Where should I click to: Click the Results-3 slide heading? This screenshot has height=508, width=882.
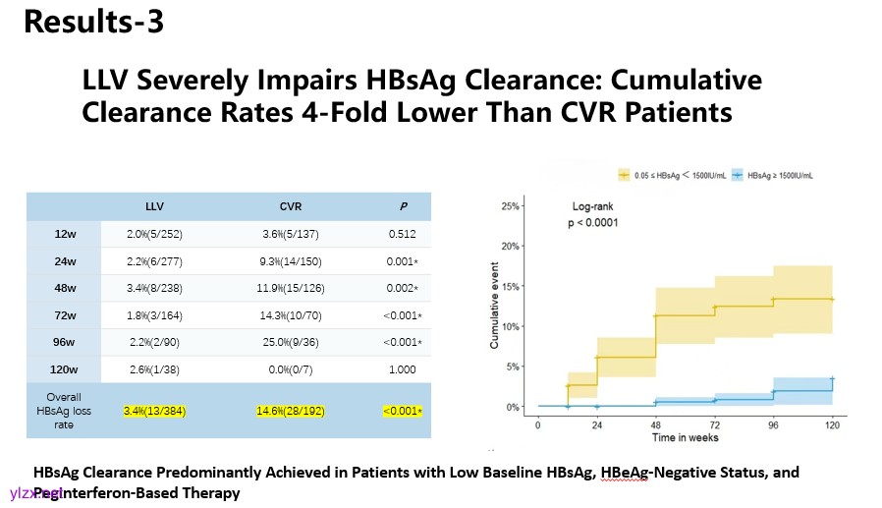[93, 22]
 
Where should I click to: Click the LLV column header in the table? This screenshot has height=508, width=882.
[154, 206]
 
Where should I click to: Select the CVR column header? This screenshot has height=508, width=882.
[292, 206]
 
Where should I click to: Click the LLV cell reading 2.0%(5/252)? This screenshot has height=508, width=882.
[154, 234]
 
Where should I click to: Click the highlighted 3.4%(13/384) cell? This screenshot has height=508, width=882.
[155, 410]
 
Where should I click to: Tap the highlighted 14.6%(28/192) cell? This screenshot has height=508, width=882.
[292, 410]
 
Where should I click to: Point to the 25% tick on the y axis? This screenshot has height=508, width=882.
[510, 206]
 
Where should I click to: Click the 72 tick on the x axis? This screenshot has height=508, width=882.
[714, 424]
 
